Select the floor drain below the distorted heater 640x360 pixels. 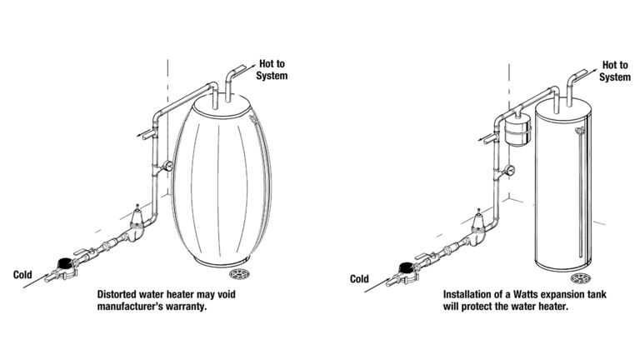point(241,274)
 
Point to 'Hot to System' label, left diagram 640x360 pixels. point(272,70)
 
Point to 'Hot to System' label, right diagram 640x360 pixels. point(614,71)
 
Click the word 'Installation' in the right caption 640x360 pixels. point(467,294)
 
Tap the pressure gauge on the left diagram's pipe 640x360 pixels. point(168,166)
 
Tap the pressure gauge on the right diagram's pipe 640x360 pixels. point(510,170)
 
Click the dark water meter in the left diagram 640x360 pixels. point(63,263)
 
